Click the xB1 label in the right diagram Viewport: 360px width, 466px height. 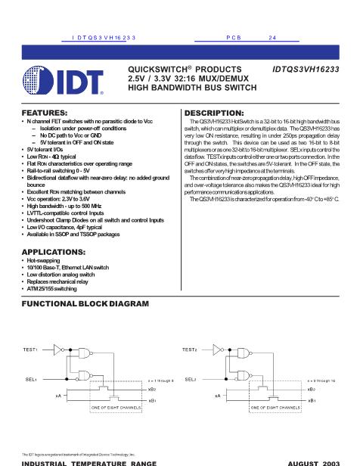[x=312, y=399]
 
